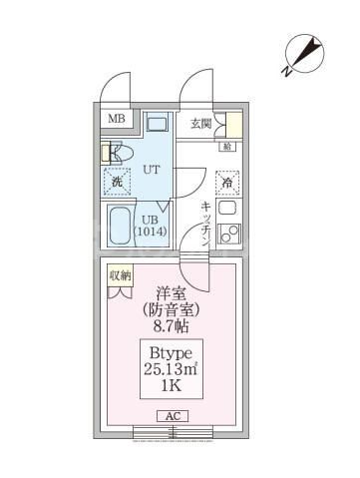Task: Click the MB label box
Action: tap(118, 121)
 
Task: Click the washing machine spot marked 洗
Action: tap(117, 182)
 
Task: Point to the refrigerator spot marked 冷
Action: tap(227, 183)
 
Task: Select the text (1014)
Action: tap(152, 232)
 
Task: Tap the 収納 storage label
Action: tap(119, 275)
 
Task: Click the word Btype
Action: tap(170, 354)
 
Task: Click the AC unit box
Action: tap(171, 416)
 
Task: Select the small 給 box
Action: tap(227, 147)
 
